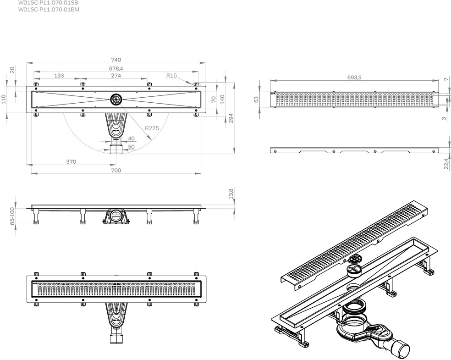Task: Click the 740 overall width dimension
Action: [115, 60]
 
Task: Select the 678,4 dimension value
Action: [115, 68]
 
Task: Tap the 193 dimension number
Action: [59, 76]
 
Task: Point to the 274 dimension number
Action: [115, 76]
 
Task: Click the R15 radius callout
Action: [172, 76]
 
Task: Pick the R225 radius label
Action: [152, 128]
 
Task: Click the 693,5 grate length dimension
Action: [353, 78]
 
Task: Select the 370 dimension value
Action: [71, 161]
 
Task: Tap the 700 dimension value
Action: [115, 170]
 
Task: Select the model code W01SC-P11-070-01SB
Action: [51, 2]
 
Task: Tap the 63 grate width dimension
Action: [257, 98]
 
